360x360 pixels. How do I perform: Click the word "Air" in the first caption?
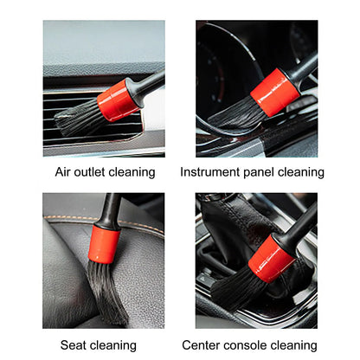coord(65,172)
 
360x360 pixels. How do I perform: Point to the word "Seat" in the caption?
coord(75,344)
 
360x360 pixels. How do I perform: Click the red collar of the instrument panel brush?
coord(270,87)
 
